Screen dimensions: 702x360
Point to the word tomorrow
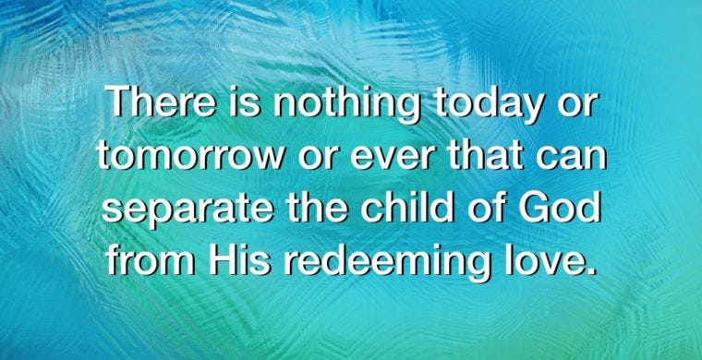(190, 155)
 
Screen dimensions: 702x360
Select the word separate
(188, 211)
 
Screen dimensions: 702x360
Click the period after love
(591, 270)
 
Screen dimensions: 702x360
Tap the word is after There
(244, 101)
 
